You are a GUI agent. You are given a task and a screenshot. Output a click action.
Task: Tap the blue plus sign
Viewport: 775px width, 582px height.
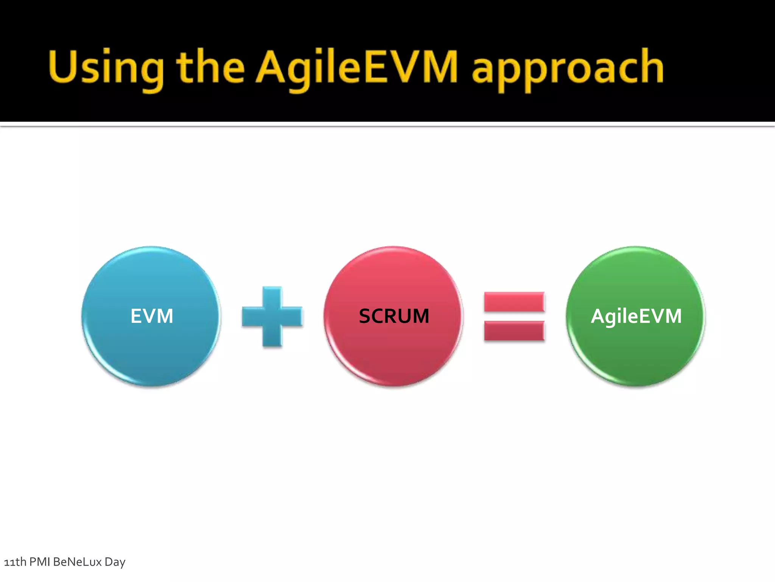point(272,317)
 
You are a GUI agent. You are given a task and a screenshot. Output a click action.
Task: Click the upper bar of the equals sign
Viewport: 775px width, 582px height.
point(514,302)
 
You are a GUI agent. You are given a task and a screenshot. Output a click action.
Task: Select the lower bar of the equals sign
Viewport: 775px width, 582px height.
point(514,331)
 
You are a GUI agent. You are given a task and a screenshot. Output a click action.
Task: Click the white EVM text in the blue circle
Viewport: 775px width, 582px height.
point(152,316)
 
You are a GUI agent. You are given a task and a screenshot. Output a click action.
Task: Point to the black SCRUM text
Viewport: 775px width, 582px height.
point(394,316)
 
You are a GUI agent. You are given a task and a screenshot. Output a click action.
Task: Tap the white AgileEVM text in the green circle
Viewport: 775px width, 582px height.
point(636,316)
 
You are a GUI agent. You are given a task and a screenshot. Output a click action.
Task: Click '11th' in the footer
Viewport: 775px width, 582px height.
point(15,562)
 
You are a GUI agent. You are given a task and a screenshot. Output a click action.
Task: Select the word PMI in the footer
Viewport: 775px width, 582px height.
point(40,562)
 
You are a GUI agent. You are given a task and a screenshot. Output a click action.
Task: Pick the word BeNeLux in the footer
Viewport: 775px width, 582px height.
point(78,562)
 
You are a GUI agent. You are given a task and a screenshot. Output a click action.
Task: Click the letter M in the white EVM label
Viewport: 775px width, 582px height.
point(164,316)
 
